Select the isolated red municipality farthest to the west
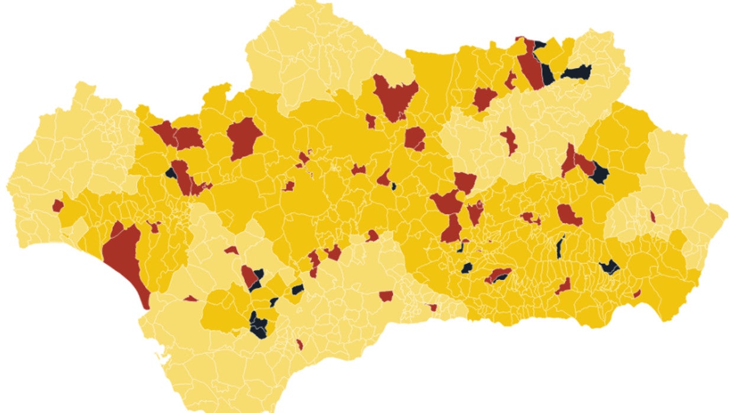57,205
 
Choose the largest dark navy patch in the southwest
258,324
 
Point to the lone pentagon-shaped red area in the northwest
244,137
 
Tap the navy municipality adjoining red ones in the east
600,173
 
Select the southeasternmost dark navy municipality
610,267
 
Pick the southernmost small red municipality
300,344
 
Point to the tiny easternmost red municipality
653,217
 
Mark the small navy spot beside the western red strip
171,173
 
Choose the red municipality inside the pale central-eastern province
509,140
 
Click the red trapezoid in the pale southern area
386,295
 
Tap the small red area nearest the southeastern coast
637,293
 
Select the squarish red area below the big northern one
415,138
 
